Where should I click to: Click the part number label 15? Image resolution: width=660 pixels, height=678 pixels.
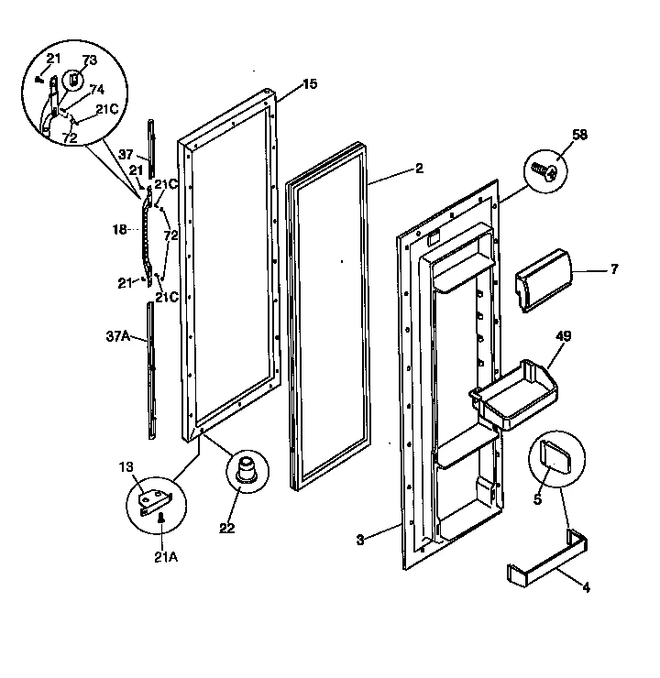coord(310,84)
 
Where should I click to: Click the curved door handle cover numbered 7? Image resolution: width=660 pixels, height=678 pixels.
coord(544,278)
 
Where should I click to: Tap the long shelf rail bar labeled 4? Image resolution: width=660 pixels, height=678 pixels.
coord(547,562)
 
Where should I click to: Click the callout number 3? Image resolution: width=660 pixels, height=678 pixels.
coord(360,540)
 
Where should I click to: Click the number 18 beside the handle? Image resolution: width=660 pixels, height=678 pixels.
coord(119,230)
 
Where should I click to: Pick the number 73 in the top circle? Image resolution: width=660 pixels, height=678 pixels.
coord(89,60)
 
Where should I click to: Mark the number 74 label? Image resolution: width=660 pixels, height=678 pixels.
coord(95,90)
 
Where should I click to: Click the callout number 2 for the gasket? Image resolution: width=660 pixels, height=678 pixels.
coord(419,169)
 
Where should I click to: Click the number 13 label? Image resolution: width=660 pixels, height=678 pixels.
coord(126,466)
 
